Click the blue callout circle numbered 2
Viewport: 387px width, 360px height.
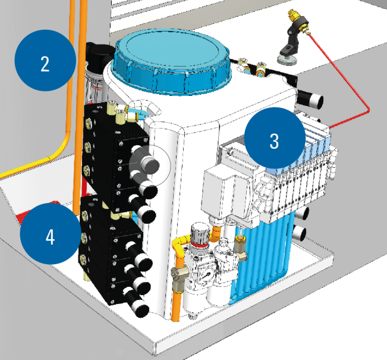pyautogui.click(x=45, y=61)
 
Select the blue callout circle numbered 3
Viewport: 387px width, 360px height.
pyautogui.click(x=275, y=139)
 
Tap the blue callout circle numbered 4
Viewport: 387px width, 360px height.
pyautogui.click(x=51, y=233)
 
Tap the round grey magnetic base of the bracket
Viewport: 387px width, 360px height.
pyautogui.click(x=287, y=60)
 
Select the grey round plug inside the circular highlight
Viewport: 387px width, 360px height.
pyautogui.click(x=150, y=165)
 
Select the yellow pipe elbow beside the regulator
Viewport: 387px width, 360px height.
pyautogui.click(x=180, y=245)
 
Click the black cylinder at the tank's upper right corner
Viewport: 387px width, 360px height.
pyautogui.click(x=310, y=99)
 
